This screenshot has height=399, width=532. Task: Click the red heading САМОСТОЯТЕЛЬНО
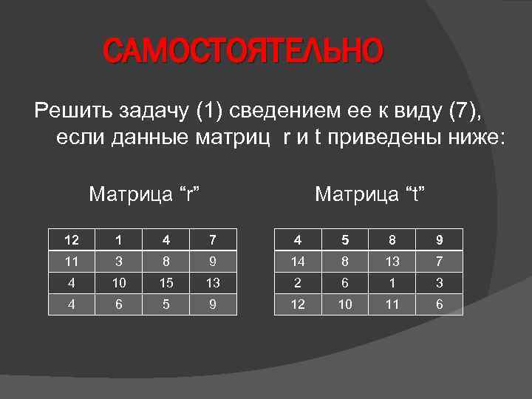coord(243,52)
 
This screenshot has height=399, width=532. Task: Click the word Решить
coord(71,112)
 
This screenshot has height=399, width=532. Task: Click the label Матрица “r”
coord(146,194)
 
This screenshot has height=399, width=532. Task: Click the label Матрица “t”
coord(372,194)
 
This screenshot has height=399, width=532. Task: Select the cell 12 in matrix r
coord(71,239)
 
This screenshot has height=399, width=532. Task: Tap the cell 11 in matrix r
coord(71,261)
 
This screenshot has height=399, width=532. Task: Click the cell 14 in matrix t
coord(299,261)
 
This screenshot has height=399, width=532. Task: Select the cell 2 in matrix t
coord(299,282)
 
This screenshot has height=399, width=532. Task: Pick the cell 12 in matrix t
coord(299,304)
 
